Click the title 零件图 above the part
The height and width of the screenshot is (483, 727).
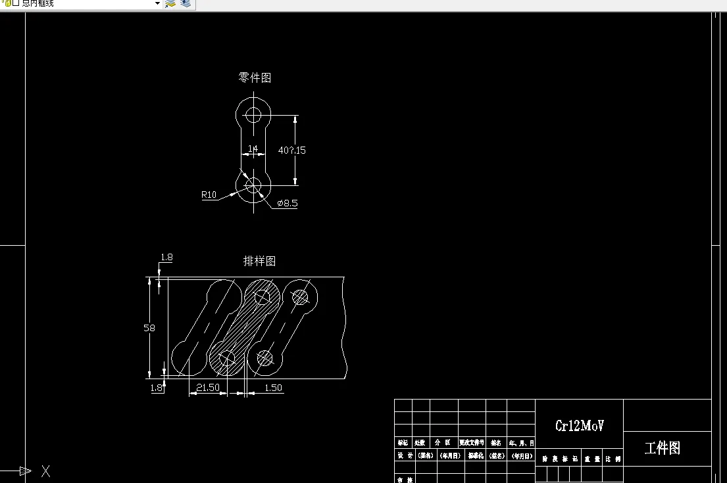[x=255, y=78]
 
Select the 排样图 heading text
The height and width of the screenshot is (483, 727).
[x=259, y=261]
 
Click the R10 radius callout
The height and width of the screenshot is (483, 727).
[x=209, y=195]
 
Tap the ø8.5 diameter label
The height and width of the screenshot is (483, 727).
[x=288, y=204]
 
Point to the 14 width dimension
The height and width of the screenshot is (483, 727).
[x=253, y=149]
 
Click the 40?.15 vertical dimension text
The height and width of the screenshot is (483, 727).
[x=292, y=150]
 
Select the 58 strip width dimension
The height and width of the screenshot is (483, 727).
[x=149, y=328]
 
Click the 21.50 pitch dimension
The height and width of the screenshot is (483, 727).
[x=208, y=388]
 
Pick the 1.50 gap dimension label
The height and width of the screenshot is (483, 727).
[x=273, y=388]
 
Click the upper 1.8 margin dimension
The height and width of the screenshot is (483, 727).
[x=166, y=258]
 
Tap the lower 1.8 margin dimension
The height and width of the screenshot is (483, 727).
[x=157, y=388]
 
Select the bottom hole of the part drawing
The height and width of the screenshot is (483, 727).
[x=254, y=186]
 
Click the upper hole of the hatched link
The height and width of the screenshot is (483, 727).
[x=263, y=298]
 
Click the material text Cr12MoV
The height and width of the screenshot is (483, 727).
[x=579, y=426]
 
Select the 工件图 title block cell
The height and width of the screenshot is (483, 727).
[x=663, y=448]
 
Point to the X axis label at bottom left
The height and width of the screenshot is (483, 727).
[x=45, y=471]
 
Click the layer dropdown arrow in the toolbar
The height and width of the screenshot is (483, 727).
[x=157, y=4]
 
